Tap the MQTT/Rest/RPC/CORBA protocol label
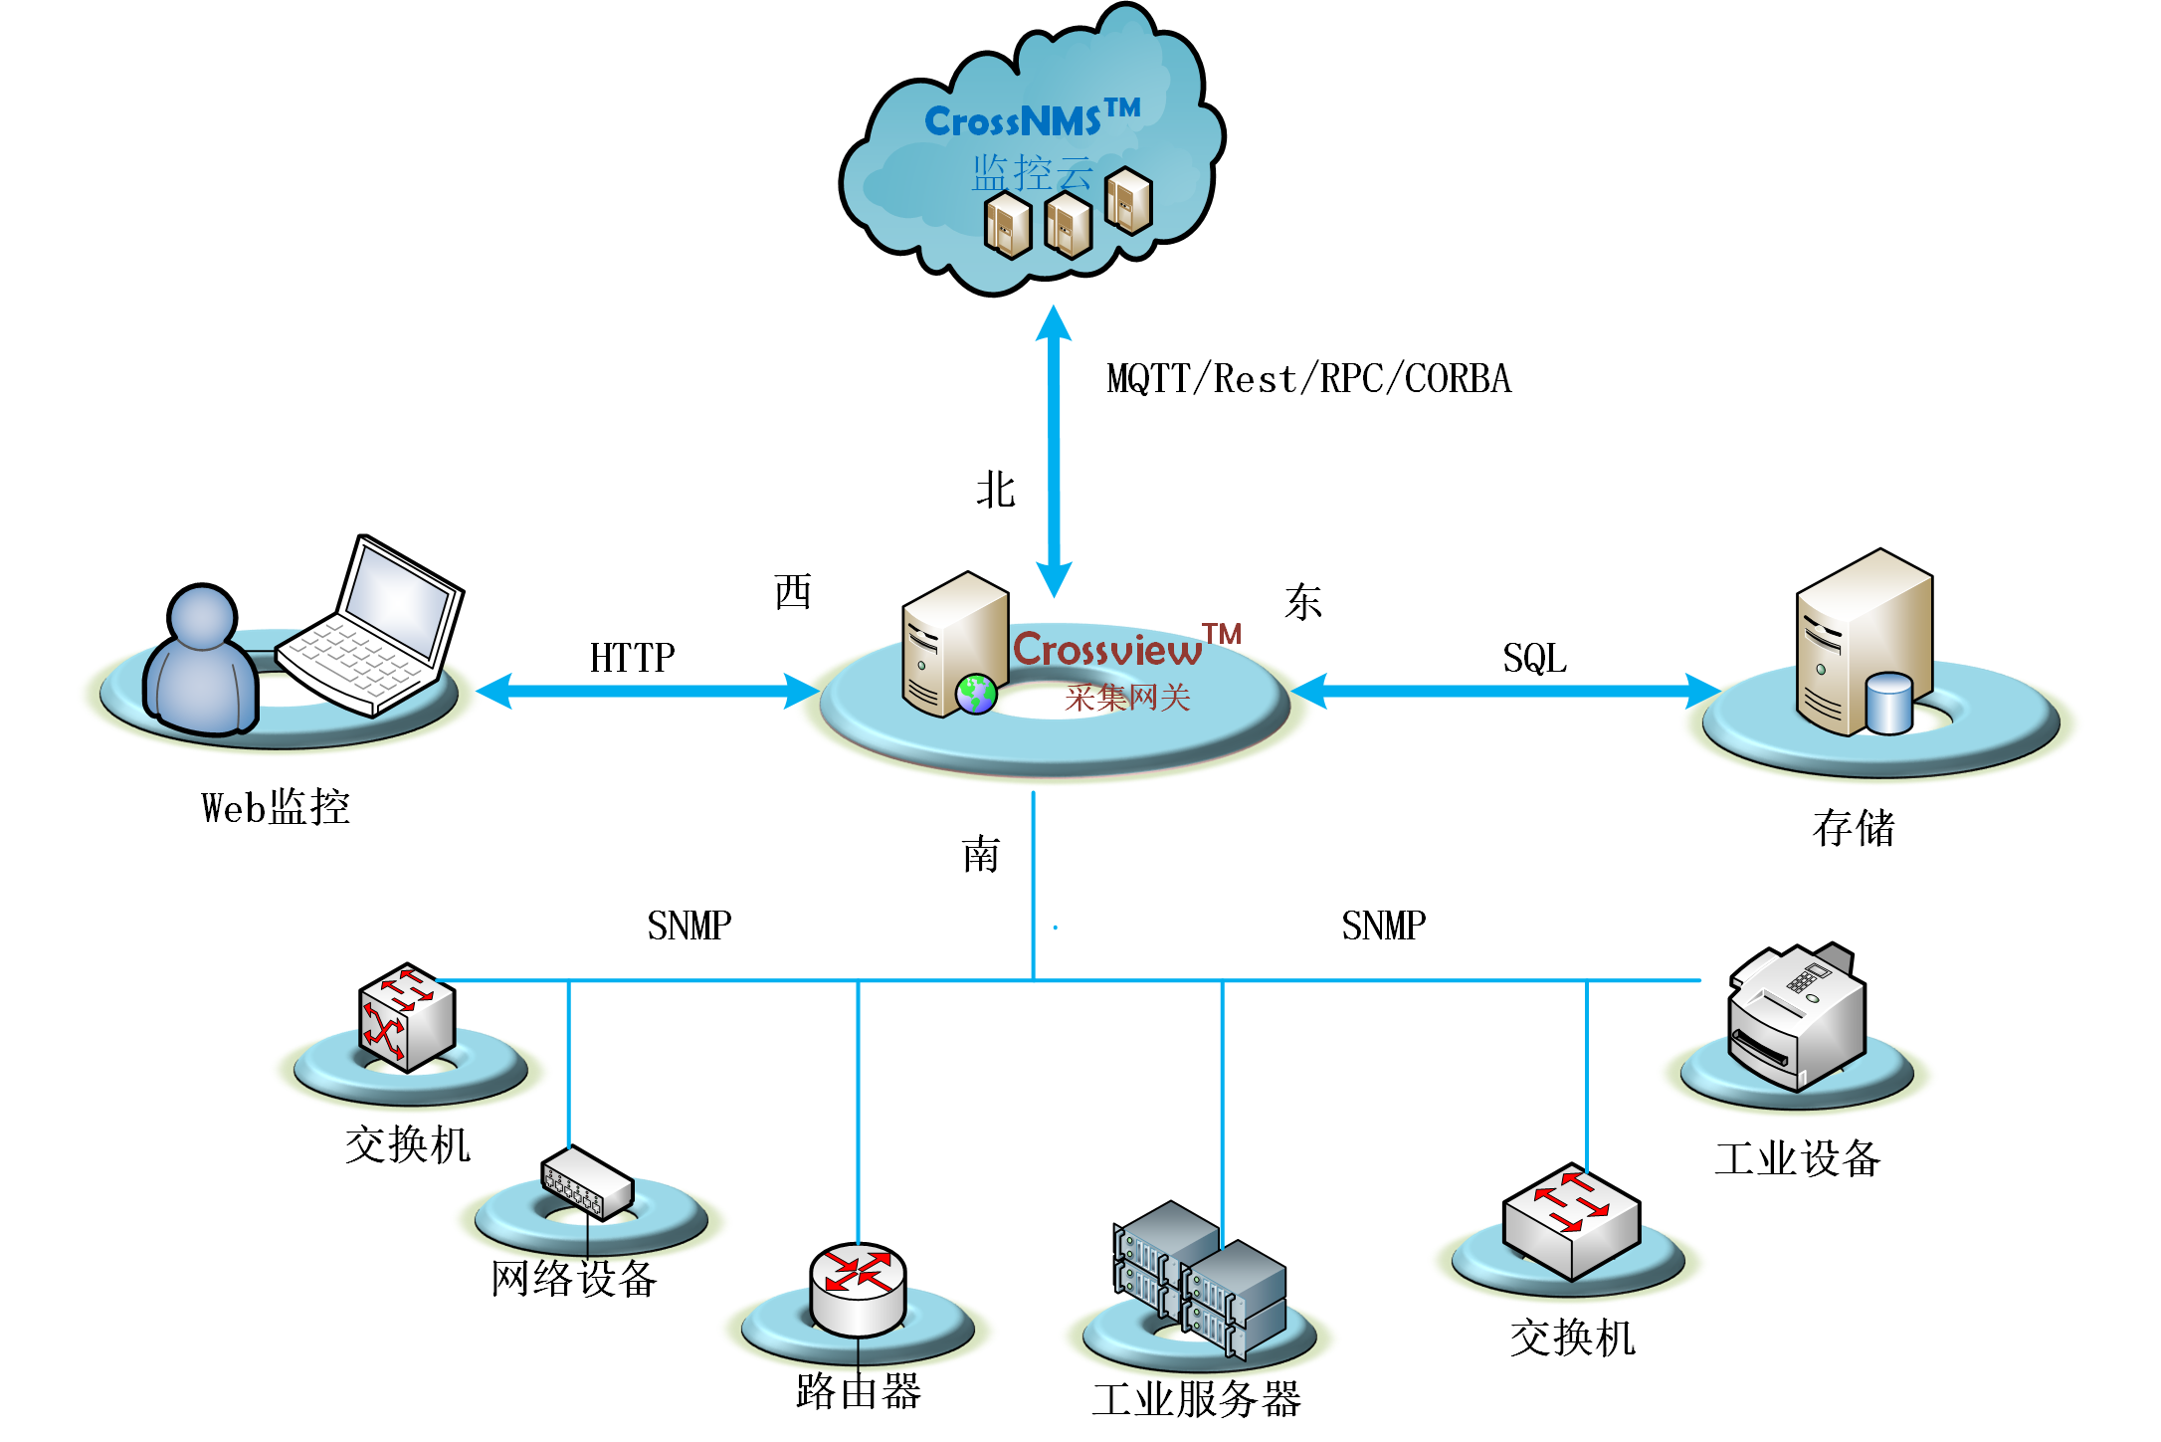pos(1308,379)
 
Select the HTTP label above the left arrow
pos(632,658)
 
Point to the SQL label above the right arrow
pos(1534,658)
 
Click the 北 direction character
pos(995,490)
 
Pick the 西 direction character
pos(793,592)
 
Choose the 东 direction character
pos(1302,602)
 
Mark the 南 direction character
pos(981,855)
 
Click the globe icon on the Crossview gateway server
pos(976,695)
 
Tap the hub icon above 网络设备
pos(587,1183)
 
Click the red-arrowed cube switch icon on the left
pos(407,1016)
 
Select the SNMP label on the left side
pos(688,926)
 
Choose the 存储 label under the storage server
pos(1854,828)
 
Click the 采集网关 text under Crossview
pos(1127,698)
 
